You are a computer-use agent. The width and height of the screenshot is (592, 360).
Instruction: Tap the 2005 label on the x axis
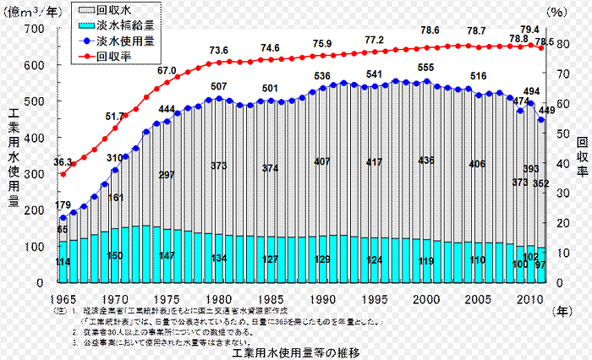[x=479, y=299]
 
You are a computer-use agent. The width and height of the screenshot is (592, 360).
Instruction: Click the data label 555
[x=425, y=68]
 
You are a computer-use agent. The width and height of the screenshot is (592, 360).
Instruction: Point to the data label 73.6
[x=219, y=51]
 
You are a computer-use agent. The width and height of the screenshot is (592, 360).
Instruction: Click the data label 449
[x=547, y=110]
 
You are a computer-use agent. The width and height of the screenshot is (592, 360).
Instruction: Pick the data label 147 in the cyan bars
[x=167, y=255]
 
